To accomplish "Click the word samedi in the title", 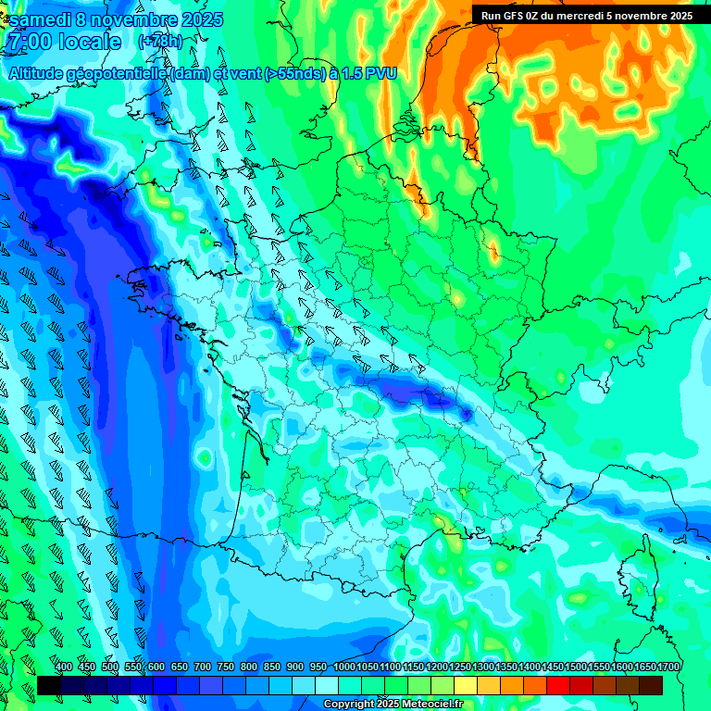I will click(x=42, y=19).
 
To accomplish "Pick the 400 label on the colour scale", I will click(x=64, y=667).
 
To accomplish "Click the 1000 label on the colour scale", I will click(x=344, y=667).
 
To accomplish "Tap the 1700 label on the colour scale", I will click(x=668, y=667).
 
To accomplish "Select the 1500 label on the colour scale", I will click(x=576, y=667).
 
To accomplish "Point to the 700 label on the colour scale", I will click(x=203, y=667).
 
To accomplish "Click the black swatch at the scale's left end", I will click(x=49, y=685).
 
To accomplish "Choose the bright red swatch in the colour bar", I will click(x=558, y=685).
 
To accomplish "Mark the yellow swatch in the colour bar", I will click(x=466, y=685).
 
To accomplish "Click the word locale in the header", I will click(x=89, y=42).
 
